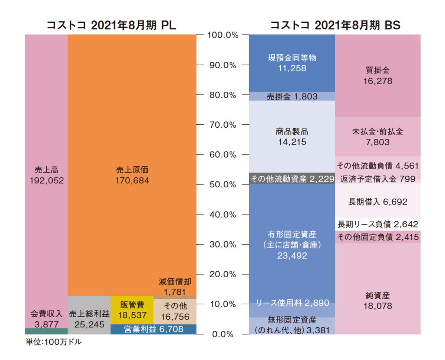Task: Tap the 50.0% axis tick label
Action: click(222, 184)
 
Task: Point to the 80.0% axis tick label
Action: click(222, 95)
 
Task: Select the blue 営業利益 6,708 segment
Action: click(154, 329)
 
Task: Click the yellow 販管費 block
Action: click(132, 310)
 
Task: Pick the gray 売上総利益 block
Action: click(89, 315)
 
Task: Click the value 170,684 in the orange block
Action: click(132, 181)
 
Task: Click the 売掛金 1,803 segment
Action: click(292, 96)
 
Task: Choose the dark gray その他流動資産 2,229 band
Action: click(292, 179)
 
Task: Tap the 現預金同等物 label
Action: click(292, 58)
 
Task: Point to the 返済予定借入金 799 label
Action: click(379, 179)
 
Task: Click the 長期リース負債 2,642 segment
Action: click(378, 224)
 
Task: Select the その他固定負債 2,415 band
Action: click(378, 237)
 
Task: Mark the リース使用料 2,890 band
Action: click(292, 303)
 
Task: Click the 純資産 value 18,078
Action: click(378, 306)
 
